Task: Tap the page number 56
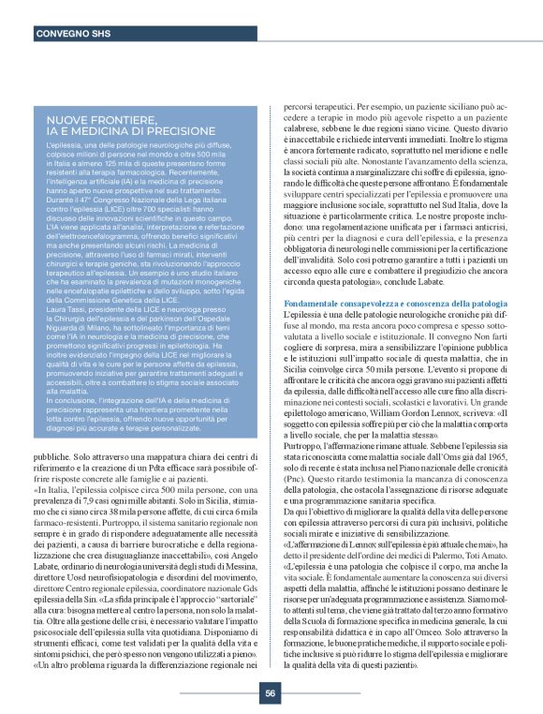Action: tap(270, 692)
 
